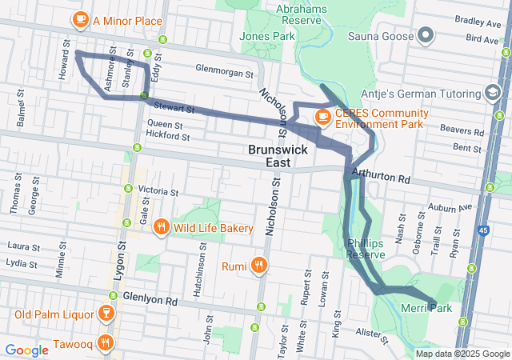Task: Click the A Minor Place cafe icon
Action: [80, 19]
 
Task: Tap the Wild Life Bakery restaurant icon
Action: [161, 228]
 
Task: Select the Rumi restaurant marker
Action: [258, 264]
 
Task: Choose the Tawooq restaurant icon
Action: [105, 344]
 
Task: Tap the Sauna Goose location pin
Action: [426, 36]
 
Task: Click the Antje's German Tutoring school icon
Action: [489, 92]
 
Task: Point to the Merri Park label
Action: [429, 308]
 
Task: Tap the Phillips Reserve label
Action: [366, 248]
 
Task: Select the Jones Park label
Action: [267, 36]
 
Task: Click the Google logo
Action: [26, 350]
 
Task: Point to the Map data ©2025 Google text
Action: [461, 354]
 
